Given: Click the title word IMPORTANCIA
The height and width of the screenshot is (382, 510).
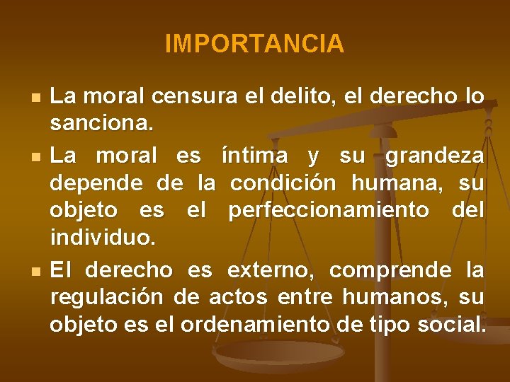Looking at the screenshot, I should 254,45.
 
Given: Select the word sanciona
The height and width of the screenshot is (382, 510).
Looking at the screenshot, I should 101,125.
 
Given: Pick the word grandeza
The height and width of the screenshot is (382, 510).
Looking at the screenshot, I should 435,155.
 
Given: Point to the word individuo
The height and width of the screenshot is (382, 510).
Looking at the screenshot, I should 102,238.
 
